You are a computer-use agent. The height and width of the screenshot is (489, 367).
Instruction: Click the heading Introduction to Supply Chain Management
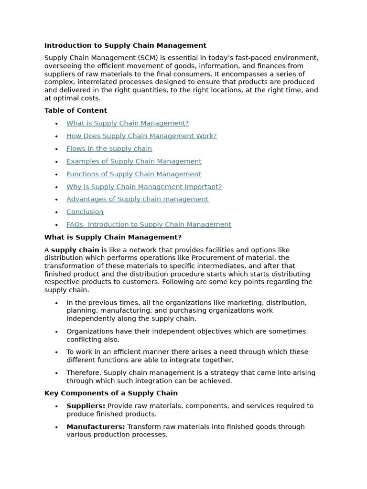[x=125, y=45]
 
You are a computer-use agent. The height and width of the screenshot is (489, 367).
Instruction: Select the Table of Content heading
[x=76, y=110]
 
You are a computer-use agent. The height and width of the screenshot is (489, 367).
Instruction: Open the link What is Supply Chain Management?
[x=128, y=123]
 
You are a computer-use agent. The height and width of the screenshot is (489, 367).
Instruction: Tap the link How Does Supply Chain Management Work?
[x=141, y=136]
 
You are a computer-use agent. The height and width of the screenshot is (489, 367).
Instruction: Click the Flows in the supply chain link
[x=109, y=149]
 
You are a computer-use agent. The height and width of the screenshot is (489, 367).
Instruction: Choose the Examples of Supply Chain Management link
[x=134, y=161]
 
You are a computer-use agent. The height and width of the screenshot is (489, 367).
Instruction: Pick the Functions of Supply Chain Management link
[x=133, y=174]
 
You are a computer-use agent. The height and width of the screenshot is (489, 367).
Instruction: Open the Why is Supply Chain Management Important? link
[x=144, y=187]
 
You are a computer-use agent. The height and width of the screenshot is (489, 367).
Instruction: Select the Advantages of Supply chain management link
[x=137, y=199]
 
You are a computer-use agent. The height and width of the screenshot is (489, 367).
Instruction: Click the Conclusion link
[x=85, y=212]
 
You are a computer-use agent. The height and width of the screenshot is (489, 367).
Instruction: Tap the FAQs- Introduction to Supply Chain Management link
[x=149, y=224]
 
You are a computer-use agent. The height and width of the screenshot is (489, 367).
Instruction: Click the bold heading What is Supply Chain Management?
[x=113, y=237]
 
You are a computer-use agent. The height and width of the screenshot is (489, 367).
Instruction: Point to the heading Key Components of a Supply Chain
[x=111, y=393]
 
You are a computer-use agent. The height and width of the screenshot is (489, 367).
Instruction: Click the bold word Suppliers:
[x=86, y=406]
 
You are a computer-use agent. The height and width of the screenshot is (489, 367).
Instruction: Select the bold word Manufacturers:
[x=96, y=426]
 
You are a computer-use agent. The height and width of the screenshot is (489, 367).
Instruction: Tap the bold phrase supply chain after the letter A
[x=75, y=250]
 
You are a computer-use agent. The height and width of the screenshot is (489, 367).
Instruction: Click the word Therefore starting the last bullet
[x=83, y=372]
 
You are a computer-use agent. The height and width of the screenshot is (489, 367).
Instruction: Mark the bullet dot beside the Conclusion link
[x=56, y=213]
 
